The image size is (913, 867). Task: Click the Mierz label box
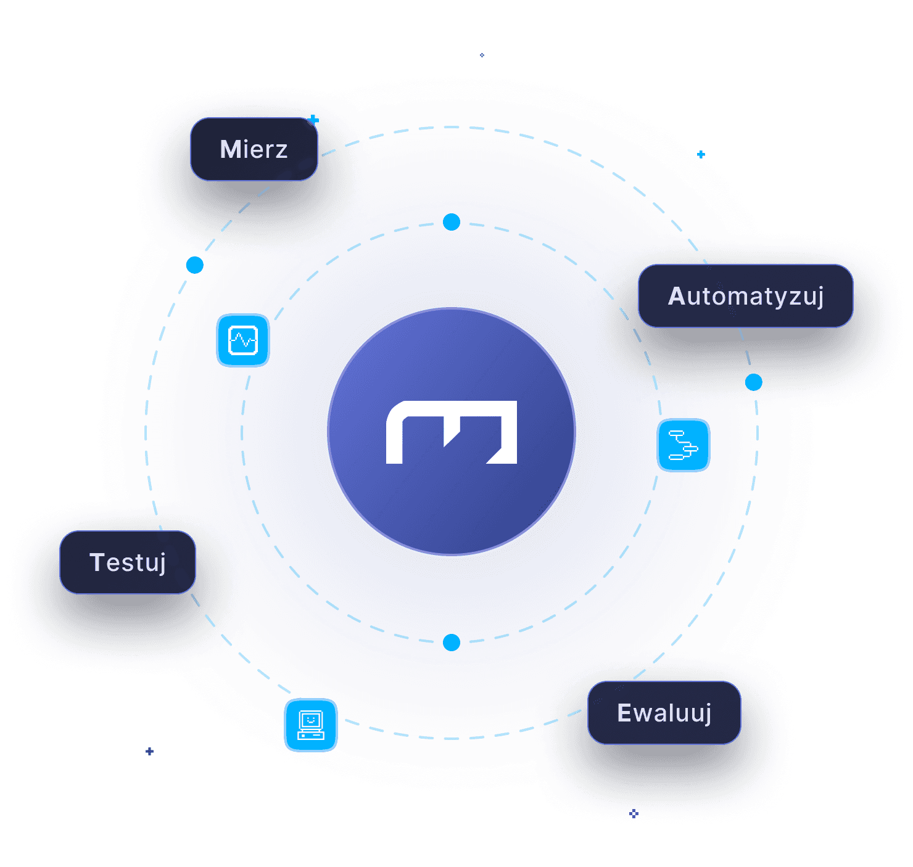coord(254,149)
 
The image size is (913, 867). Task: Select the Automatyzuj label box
coord(745,296)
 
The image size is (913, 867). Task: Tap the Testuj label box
coord(128,562)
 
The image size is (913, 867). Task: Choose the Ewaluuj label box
coord(664,713)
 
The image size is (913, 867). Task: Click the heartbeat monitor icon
coord(243,340)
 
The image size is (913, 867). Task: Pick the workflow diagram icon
coord(683,445)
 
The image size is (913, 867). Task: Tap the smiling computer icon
coord(311,725)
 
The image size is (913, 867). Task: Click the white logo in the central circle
coord(452,432)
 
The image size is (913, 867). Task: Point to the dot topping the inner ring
coord(452,222)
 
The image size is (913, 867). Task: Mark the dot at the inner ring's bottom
coord(452,643)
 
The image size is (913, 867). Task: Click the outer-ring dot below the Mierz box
coord(195,265)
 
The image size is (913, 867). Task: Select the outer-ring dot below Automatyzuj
coord(753,382)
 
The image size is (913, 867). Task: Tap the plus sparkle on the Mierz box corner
coord(314,119)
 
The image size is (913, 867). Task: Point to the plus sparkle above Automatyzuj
coord(701,154)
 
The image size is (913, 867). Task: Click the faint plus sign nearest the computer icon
coord(149,751)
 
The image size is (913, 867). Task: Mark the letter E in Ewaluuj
coord(625,713)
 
